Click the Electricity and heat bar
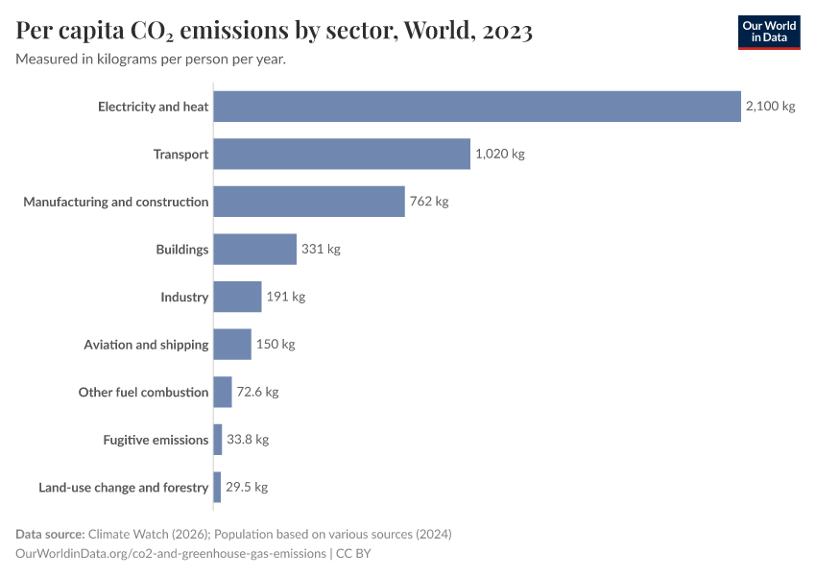[477, 107]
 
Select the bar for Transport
[342, 154]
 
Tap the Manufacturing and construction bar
[309, 202]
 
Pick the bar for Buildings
[254, 249]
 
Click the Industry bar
[237, 297]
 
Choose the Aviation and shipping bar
[232, 345]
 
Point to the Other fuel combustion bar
[223, 392]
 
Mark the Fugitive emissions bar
[218, 440]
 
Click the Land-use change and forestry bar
[217, 487]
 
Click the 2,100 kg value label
[770, 107]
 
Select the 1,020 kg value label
[500, 154]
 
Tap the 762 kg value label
[429, 202]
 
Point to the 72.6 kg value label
[257, 392]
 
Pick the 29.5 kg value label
[247, 487]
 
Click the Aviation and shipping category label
[146, 345]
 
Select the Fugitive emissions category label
[156, 440]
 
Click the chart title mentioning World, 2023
[275, 31]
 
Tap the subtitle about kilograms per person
[151, 60]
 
